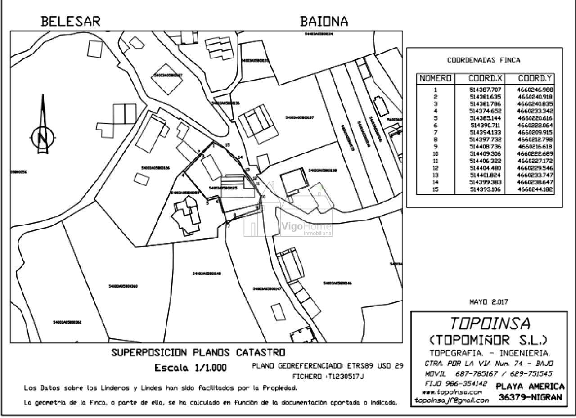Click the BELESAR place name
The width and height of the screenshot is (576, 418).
click(71, 21)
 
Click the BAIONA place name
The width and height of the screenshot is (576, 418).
click(324, 21)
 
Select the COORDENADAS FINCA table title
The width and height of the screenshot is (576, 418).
click(484, 60)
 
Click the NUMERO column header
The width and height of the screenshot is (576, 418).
click(435, 79)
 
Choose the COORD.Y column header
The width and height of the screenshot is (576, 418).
click(535, 79)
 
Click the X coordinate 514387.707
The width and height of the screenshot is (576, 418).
click(485, 90)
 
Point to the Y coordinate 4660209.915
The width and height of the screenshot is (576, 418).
click(535, 132)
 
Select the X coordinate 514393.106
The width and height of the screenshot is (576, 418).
click(485, 189)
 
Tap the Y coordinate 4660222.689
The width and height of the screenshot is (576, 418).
click(535, 154)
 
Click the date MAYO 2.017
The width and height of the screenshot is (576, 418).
click(489, 302)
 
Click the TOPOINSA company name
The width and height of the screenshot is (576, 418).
click(490, 323)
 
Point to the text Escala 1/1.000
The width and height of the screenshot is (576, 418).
click(191, 368)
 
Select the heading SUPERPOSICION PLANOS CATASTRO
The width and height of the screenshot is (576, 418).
click(198, 353)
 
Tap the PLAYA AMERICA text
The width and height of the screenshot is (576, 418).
click(530, 387)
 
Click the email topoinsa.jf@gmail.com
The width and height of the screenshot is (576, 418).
click(451, 400)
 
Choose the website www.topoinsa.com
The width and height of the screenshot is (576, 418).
click(449, 392)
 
